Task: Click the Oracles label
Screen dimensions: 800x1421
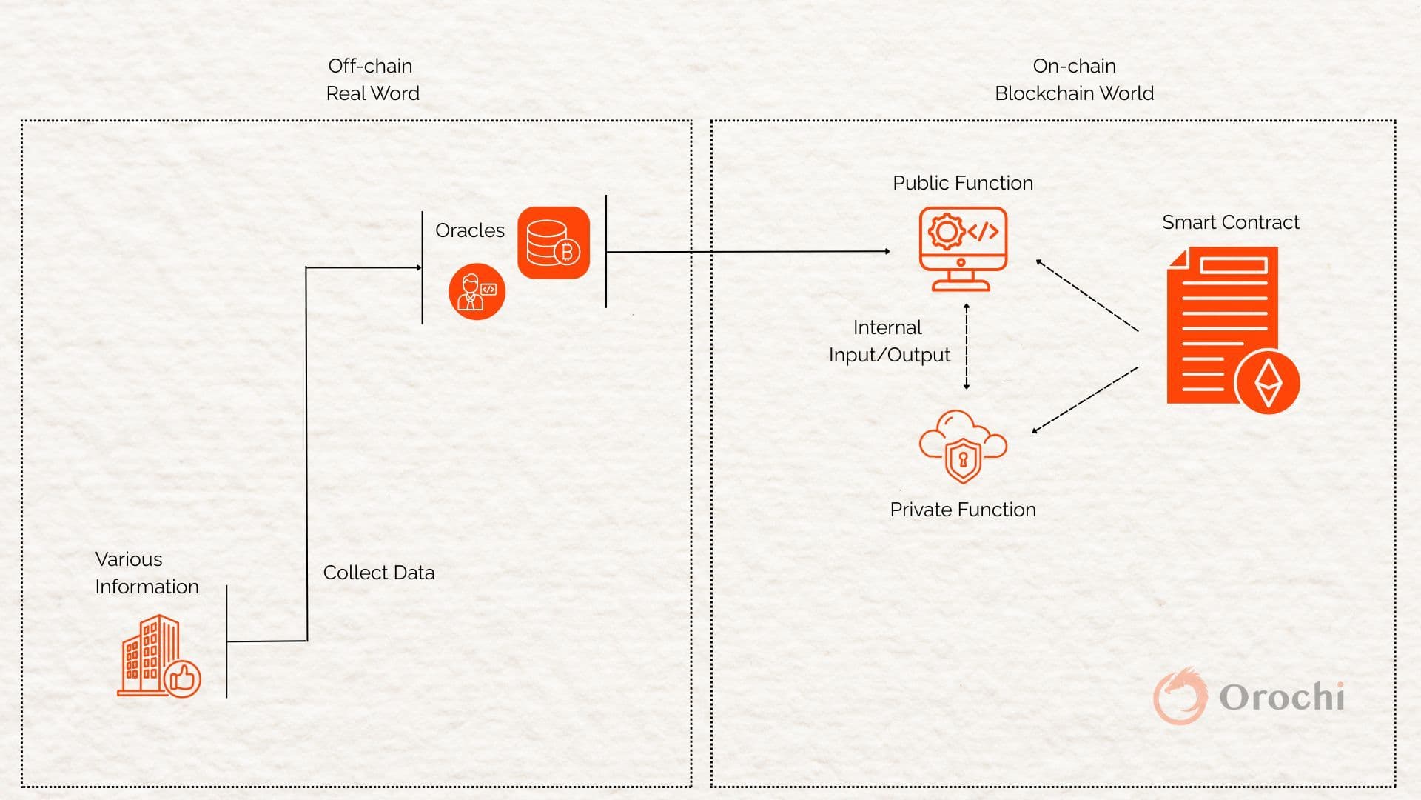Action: [x=469, y=230]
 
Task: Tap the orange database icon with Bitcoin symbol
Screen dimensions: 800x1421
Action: [x=554, y=242]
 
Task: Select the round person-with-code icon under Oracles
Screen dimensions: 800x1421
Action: [x=477, y=291]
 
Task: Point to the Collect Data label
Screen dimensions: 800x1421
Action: [x=378, y=573]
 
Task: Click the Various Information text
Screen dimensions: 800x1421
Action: [x=147, y=573]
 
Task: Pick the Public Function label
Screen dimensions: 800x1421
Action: [x=962, y=183]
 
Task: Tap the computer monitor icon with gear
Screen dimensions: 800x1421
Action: [x=962, y=248]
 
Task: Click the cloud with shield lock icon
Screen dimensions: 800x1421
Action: [x=962, y=447]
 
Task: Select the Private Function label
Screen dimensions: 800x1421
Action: [x=962, y=510]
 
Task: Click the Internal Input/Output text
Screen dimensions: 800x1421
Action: [x=889, y=341]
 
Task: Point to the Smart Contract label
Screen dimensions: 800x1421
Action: [x=1230, y=222]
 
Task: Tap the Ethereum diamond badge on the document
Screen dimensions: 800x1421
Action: [x=1267, y=381]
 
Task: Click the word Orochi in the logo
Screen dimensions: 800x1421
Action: [x=1281, y=697]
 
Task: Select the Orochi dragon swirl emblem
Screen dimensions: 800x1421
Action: [x=1179, y=696]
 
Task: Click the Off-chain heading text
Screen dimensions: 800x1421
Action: [x=370, y=66]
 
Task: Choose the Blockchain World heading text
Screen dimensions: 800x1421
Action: [x=1074, y=93]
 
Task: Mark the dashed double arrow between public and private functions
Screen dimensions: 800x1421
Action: [x=967, y=347]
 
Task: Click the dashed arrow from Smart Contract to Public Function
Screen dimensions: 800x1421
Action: [x=1086, y=295]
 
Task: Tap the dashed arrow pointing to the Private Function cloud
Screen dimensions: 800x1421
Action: [x=1085, y=400]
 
